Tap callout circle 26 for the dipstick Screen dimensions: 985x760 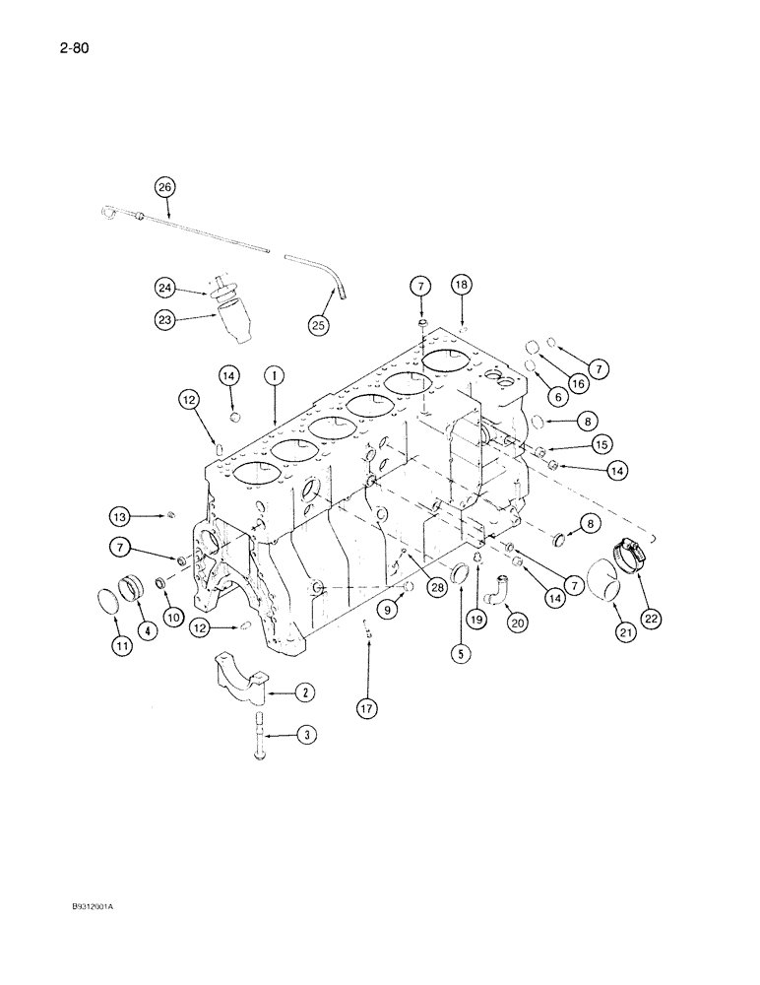[x=164, y=186]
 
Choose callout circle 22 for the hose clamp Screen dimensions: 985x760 [x=652, y=618]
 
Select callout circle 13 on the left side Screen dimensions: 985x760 [x=120, y=515]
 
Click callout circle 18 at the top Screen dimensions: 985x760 [x=461, y=285]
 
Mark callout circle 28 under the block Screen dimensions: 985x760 [x=435, y=587]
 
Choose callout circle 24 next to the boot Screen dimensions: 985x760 [x=165, y=288]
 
